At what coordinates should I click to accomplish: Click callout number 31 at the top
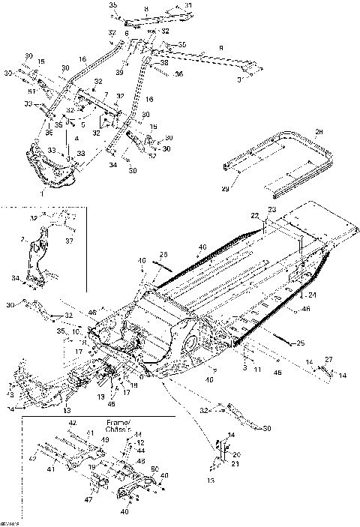[x=188, y=6]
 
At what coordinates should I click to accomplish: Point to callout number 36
[x=179, y=74]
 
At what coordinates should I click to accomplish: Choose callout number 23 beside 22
[x=272, y=209]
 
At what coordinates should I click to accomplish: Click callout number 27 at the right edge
[x=327, y=361]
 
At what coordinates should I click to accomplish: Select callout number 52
[x=154, y=156]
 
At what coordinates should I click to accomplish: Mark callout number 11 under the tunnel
[x=257, y=370]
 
